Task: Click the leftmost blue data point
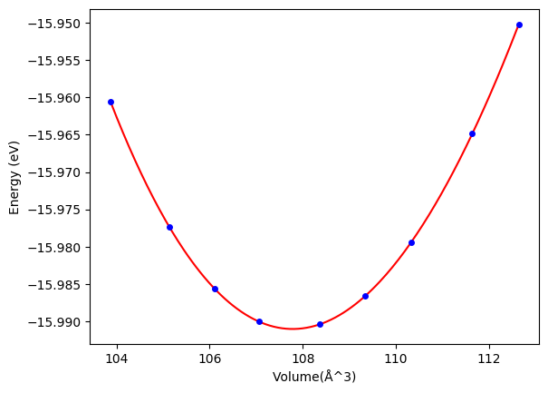point(111,102)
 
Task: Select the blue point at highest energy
point(519,25)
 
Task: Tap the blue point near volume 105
point(169,227)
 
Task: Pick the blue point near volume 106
point(215,289)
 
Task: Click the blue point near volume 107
point(259,321)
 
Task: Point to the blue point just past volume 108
point(320,324)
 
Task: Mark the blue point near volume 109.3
point(365,296)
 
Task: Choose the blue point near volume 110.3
point(411,242)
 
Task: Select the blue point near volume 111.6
point(472,133)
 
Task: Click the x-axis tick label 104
point(117,358)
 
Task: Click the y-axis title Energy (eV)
point(14,177)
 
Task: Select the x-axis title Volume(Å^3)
point(319,377)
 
